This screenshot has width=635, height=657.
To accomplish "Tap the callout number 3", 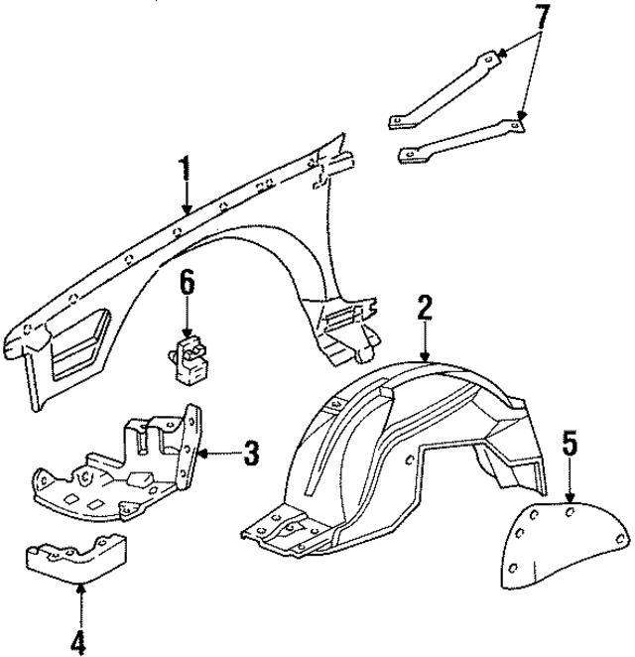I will pyautogui.click(x=251, y=455).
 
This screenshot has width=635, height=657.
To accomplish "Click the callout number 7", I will pyautogui.click(x=539, y=17).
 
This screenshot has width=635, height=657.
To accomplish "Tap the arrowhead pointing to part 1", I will pyautogui.click(x=186, y=209).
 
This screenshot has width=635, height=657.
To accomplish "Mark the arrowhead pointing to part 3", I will pyautogui.click(x=202, y=455).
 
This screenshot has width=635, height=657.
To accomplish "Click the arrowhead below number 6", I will pyautogui.click(x=187, y=335).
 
